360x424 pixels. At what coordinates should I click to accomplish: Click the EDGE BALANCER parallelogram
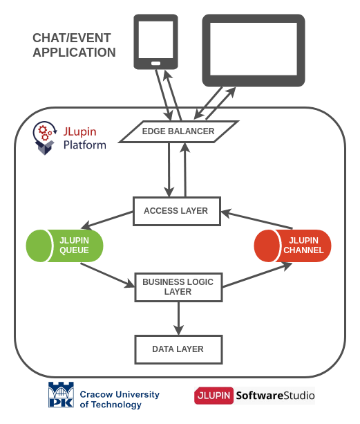178,131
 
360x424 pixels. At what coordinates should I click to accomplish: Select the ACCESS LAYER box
176,211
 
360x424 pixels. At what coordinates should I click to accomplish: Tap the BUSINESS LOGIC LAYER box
178,287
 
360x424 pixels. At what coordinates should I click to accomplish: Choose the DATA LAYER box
178,349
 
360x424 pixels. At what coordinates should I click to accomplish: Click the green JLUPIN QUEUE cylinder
64,246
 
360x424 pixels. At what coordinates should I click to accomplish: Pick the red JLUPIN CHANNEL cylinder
292,246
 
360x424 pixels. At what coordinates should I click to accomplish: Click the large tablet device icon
253,50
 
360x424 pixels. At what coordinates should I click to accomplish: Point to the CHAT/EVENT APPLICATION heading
74,46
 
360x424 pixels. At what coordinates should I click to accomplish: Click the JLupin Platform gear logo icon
45,137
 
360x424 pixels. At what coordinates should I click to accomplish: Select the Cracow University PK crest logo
61,396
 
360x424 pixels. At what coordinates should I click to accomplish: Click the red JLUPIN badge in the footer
214,396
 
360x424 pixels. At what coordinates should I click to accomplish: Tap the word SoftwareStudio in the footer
275,396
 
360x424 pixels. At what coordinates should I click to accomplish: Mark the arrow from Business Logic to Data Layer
178,318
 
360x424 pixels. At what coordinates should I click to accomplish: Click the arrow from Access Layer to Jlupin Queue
107,223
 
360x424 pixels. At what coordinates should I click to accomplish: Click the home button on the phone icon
155,64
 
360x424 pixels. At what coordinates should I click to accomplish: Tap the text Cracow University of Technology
119,399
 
